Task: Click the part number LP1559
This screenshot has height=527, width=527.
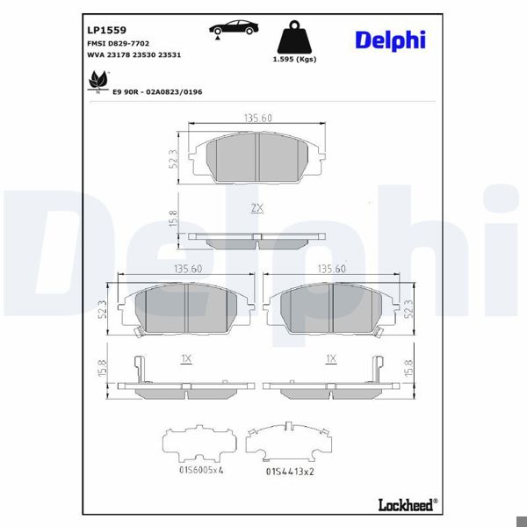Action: pyautogui.click(x=106, y=30)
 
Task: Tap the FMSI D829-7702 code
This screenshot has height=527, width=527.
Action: pyautogui.click(x=118, y=43)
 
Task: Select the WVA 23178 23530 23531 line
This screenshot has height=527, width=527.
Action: pyautogui.click(x=134, y=54)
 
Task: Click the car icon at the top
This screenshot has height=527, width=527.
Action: pyautogui.click(x=234, y=28)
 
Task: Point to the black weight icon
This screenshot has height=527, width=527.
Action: pyautogui.click(x=294, y=37)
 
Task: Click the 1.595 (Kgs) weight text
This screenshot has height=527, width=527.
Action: pyautogui.click(x=294, y=59)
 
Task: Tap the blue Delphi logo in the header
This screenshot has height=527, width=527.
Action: pyautogui.click(x=391, y=40)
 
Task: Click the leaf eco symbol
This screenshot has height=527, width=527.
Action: pyautogui.click(x=98, y=82)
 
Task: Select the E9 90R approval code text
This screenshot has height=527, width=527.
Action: pyautogui.click(x=157, y=91)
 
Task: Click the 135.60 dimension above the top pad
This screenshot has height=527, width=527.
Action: pyautogui.click(x=257, y=118)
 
